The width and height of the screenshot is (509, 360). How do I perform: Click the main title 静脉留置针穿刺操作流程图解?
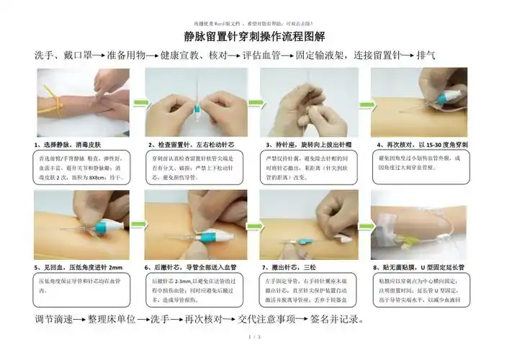point(254,35)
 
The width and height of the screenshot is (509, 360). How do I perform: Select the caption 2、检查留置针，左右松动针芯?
point(191,145)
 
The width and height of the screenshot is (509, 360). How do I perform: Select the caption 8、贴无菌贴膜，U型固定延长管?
point(420,266)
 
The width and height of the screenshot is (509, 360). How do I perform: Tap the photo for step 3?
point(308,102)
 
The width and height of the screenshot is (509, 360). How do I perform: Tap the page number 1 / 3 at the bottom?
point(253,337)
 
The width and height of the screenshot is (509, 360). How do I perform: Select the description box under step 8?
point(420,289)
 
